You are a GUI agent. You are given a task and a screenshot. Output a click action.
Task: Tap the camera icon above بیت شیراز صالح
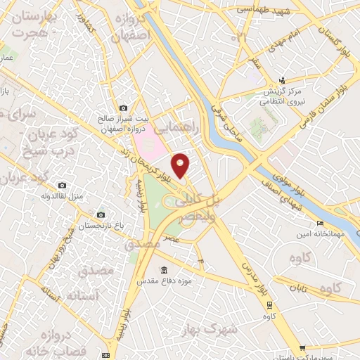tap(124, 108)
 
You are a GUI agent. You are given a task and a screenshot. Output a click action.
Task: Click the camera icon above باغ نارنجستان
tap(101, 214)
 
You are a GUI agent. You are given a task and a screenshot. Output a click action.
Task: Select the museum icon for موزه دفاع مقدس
tap(164, 271)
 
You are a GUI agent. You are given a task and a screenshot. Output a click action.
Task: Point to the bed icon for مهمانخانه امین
tap(321, 224)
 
